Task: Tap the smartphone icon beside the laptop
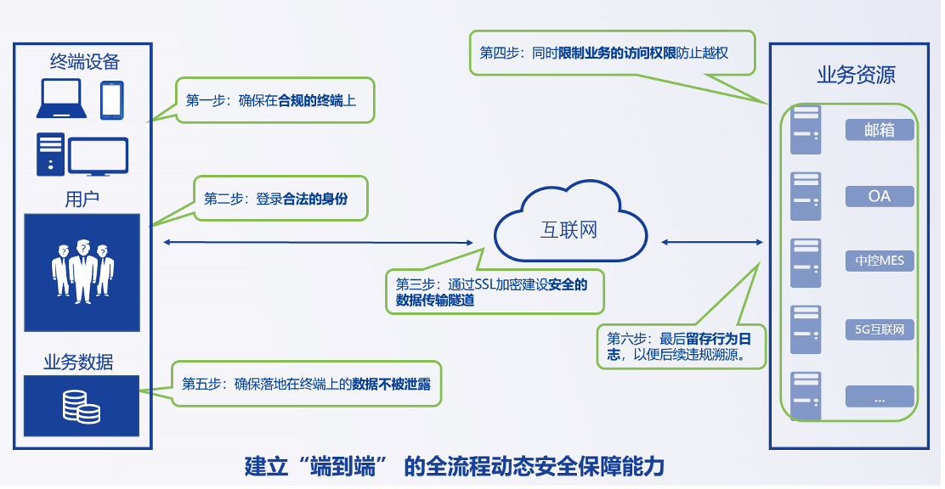pyautogui.click(x=112, y=99)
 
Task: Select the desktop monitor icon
pyautogui.click(x=98, y=156)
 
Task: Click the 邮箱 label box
pyautogui.click(x=879, y=130)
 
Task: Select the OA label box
pyautogui.click(x=879, y=196)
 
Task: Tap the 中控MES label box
pyautogui.click(x=879, y=261)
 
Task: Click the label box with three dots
pyautogui.click(x=879, y=396)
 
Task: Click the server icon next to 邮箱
pyautogui.click(x=805, y=130)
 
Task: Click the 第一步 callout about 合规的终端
pyautogui.click(x=274, y=100)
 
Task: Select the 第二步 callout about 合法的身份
pyautogui.click(x=280, y=199)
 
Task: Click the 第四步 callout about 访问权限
pyautogui.click(x=612, y=53)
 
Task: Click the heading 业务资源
pyautogui.click(x=856, y=75)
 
